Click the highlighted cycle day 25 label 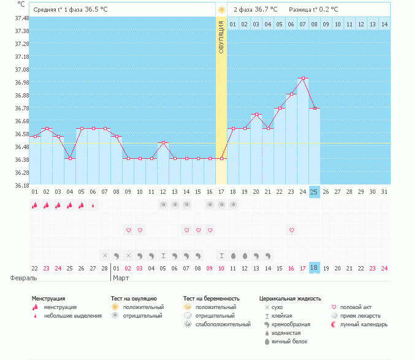(x=315, y=192)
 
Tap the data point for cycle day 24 (x=303, y=79)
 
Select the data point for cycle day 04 (x=70, y=158)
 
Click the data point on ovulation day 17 (x=221, y=158)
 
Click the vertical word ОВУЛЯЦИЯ (x=221, y=36)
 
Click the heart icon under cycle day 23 (x=291, y=230)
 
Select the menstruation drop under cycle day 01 (x=35, y=205)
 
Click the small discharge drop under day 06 (x=93, y=205)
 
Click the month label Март (x=121, y=277)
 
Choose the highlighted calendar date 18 (x=315, y=268)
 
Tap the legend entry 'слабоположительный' (x=222, y=324)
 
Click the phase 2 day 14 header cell (x=384, y=24)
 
